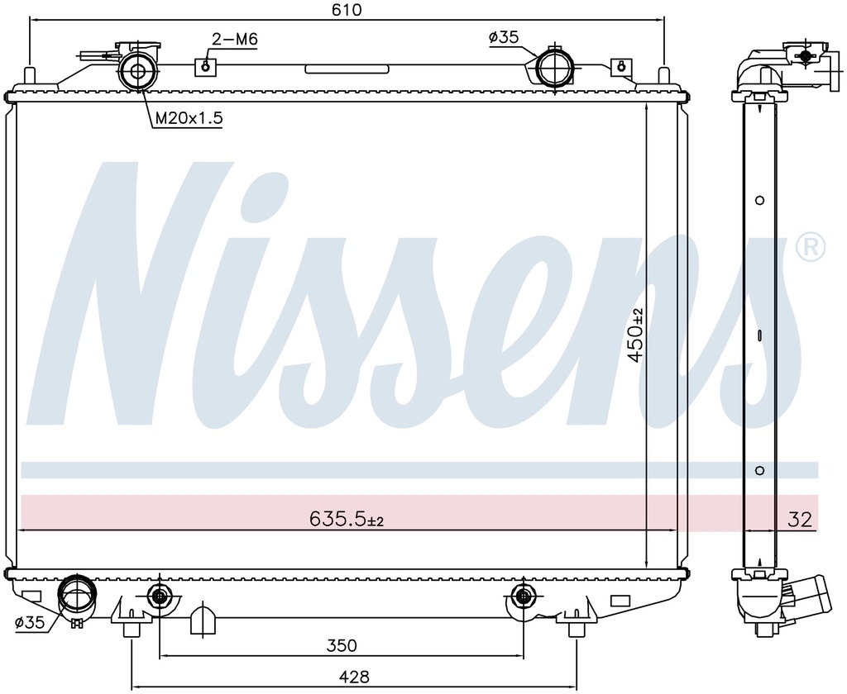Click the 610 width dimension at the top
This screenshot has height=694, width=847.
(x=347, y=10)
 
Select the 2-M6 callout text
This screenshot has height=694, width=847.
(x=234, y=39)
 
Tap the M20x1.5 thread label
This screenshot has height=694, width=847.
(x=189, y=118)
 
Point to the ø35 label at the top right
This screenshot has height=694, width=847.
(x=504, y=37)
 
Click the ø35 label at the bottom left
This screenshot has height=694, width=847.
(x=30, y=623)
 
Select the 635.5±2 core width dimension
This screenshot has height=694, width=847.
(x=347, y=519)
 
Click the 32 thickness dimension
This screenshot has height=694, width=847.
(x=800, y=520)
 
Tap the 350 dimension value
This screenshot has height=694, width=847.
(x=342, y=645)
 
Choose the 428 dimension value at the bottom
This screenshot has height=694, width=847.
(x=354, y=677)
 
